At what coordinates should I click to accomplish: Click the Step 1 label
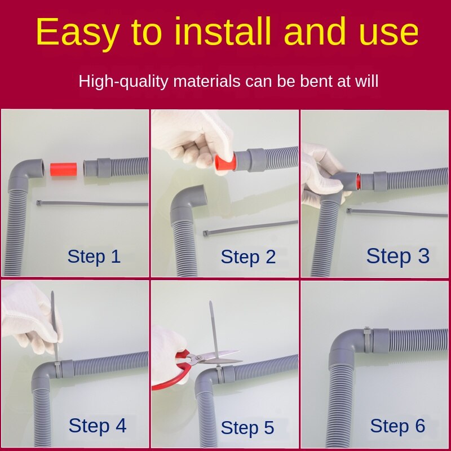[94, 257]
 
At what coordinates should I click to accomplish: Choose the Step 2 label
[248, 257]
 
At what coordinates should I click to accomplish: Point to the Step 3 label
[397, 256]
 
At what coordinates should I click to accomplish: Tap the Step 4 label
[97, 426]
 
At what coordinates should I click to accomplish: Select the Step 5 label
[247, 428]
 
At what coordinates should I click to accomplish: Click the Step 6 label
[397, 426]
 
